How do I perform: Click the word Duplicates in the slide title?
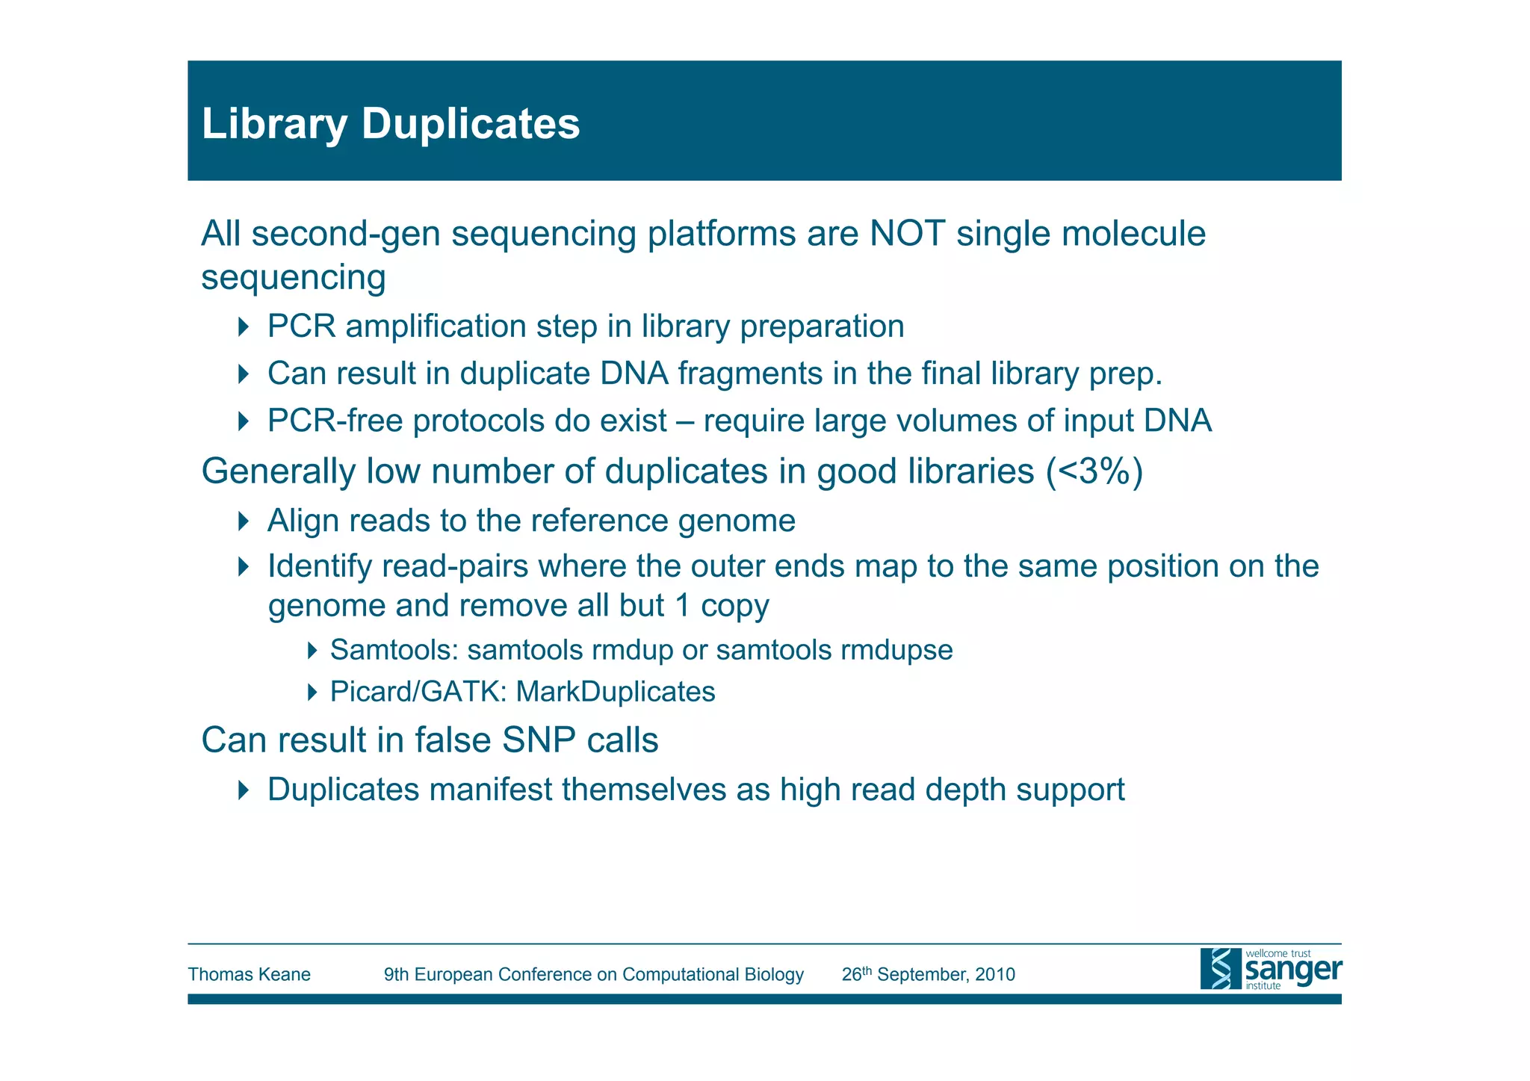pyautogui.click(x=470, y=123)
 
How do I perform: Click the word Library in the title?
pyautogui.click(x=274, y=125)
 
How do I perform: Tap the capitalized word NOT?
pyautogui.click(x=907, y=234)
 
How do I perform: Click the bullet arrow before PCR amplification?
pyautogui.click(x=242, y=326)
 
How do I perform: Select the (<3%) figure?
pyautogui.click(x=1094, y=471)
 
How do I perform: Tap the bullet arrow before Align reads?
pyautogui.click(x=242, y=521)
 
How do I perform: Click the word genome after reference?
pyautogui.click(x=736, y=521)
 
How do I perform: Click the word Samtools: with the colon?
pyautogui.click(x=394, y=650)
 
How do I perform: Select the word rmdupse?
pyautogui.click(x=896, y=650)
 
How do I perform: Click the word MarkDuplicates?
pyautogui.click(x=616, y=692)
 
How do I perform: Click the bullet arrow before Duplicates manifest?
pyautogui.click(x=242, y=790)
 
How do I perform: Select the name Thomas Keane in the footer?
pyautogui.click(x=249, y=974)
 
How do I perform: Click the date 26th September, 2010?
pyautogui.click(x=928, y=974)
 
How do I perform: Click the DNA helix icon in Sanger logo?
pyautogui.click(x=1220, y=969)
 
